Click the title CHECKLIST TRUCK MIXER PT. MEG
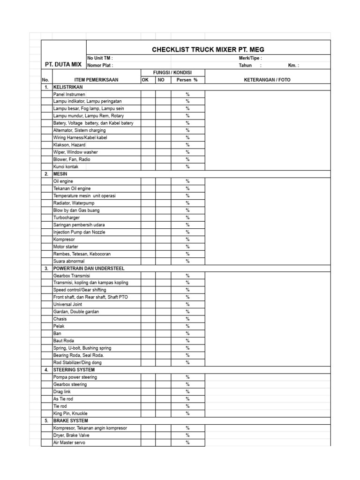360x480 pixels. point(208,50)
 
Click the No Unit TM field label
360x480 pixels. point(100,58)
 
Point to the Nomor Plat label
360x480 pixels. point(100,66)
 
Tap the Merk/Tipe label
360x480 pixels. point(250,58)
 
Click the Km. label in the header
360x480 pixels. point(293,66)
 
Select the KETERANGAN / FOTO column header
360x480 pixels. point(267,80)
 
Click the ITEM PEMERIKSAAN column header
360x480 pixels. point(97,80)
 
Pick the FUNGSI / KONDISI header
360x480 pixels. point(172,73)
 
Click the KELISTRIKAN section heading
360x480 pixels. point(68,87)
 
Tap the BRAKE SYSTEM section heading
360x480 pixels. point(71,421)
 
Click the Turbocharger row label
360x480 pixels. point(67,218)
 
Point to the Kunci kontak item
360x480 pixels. point(66,167)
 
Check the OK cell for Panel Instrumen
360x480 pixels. point(148,94)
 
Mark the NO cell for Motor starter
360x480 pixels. point(163,247)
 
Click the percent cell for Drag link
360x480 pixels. point(187,392)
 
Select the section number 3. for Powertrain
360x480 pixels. point(46,269)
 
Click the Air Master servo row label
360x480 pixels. point(69,442)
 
